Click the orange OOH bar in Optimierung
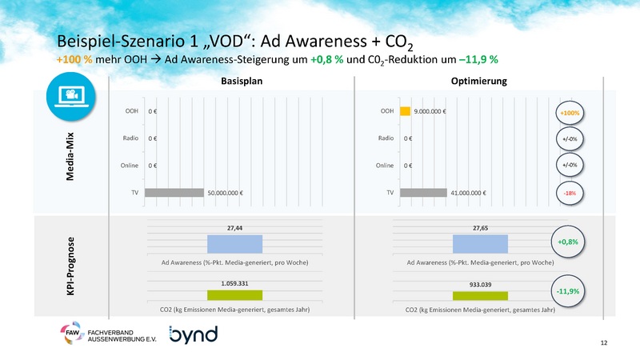[x=405, y=111]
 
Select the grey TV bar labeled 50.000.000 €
[x=174, y=193]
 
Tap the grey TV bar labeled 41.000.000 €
[x=423, y=193]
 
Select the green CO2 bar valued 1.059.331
[x=234, y=295]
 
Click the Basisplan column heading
[x=241, y=82]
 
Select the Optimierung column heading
[x=478, y=82]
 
